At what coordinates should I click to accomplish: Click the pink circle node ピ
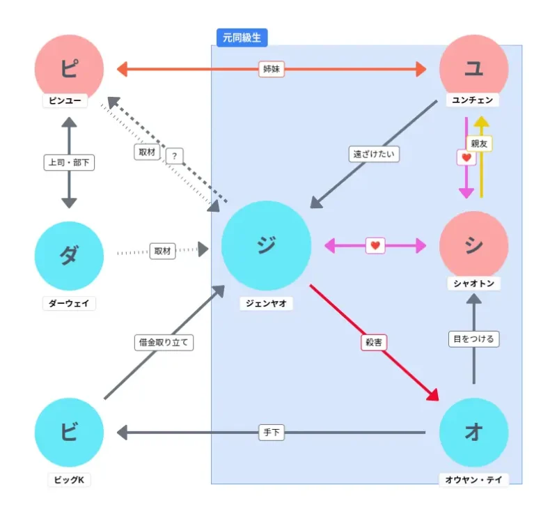pos(69,69)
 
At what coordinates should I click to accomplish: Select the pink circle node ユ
pos(474,69)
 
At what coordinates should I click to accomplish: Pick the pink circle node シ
pos(474,245)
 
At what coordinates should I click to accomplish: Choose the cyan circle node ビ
pos(69,433)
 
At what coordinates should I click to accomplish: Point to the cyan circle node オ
pos(474,433)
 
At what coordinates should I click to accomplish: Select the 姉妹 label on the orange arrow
pos(272,69)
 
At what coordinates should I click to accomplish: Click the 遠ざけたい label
pos(374,154)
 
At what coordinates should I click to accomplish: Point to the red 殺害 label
pos(374,342)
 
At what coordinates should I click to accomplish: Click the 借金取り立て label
pos(163,342)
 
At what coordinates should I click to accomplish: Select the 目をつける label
pos(473,339)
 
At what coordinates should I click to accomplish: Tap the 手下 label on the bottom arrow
pos(272,433)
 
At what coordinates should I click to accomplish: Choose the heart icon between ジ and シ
pos(375,245)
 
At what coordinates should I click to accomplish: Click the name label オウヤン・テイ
pos(474,479)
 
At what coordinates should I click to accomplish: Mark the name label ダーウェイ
pos(69,303)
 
